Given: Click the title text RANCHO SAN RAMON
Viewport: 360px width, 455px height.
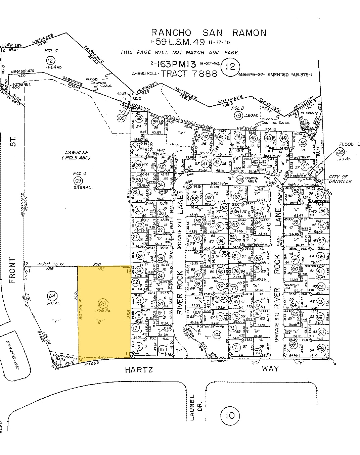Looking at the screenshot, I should [209, 33].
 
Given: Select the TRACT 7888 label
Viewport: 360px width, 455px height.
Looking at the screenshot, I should [189, 73].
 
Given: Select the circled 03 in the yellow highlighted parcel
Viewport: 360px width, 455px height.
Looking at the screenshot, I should [104, 304].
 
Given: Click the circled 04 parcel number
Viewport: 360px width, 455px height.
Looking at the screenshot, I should [52, 296].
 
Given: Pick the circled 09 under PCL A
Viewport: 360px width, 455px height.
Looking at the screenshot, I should [78, 181].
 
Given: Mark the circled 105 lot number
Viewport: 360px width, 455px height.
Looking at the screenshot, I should [121, 118].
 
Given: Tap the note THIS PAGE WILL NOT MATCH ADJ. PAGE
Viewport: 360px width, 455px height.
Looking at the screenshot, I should [180, 53].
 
